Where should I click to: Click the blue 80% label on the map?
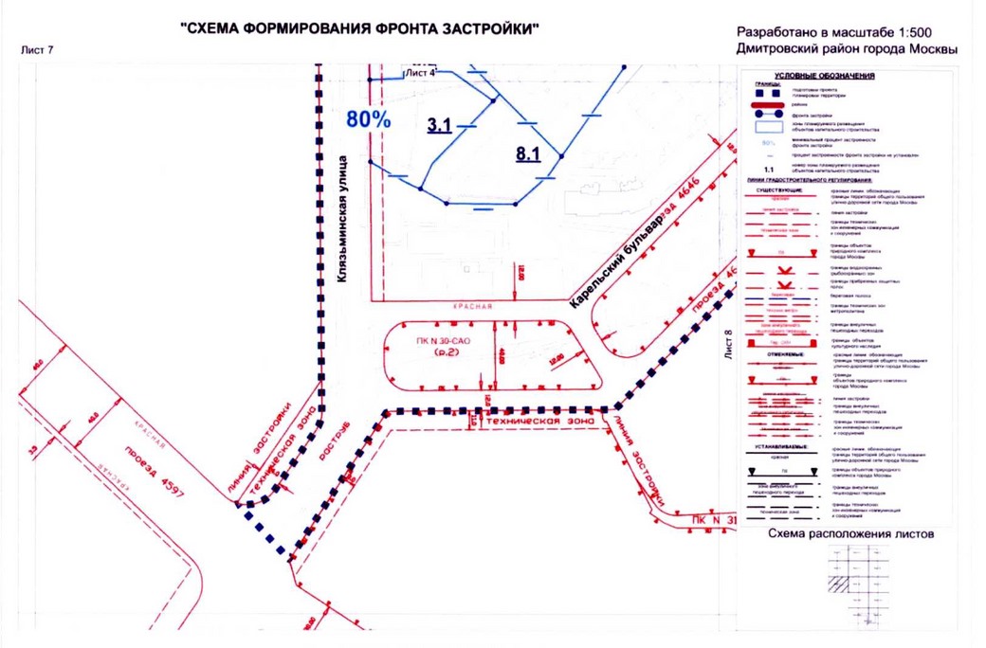coord(369,118)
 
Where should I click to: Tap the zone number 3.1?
coord(439,124)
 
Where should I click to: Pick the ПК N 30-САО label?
coord(442,340)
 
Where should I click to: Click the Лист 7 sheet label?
coord(37,49)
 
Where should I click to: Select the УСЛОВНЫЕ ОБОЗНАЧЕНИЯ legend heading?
coord(824,76)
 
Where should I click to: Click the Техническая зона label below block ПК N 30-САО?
coord(539,419)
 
